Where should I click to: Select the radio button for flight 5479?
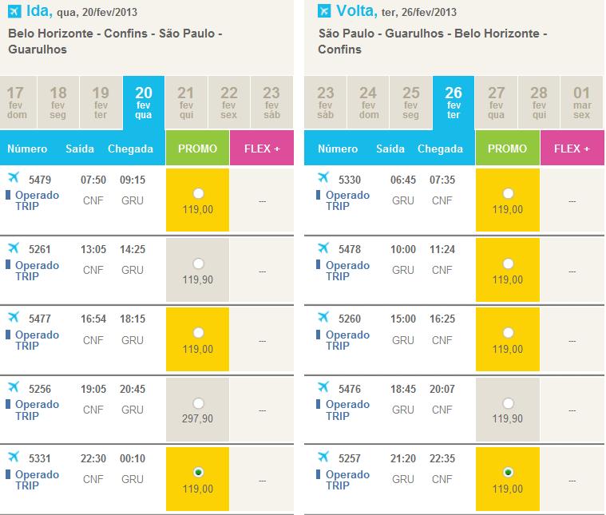198,193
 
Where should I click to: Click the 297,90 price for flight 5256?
197,418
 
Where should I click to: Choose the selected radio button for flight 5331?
198,471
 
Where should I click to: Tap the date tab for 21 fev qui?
186,102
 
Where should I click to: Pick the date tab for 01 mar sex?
581,102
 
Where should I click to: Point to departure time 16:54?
93,319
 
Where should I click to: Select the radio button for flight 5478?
508,263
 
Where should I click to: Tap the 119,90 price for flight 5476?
508,418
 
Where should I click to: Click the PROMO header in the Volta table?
508,149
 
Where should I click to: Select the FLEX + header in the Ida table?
261,149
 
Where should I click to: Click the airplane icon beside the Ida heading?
14,10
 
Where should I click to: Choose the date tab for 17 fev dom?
16,102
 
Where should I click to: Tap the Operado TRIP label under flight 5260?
347,340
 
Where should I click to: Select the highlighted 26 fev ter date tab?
453,102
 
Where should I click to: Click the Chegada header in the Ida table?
130,149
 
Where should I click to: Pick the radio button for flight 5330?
508,193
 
